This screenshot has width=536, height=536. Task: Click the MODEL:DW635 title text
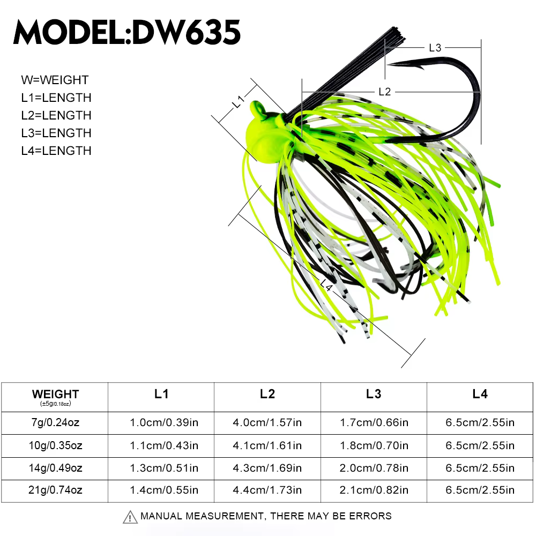coord(127,33)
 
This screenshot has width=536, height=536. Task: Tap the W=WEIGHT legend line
coord(55,80)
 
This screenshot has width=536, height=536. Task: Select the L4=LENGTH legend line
coord(56,151)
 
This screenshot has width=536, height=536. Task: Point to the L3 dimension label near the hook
coord(435,48)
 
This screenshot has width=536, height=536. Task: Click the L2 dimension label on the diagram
coord(384,92)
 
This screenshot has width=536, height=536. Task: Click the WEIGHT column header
coord(55,394)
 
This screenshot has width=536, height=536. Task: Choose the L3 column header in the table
coord(374,394)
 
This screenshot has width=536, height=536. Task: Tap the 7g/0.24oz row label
coord(55,422)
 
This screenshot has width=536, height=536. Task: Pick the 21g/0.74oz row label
coord(55,489)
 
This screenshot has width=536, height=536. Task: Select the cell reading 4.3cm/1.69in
coord(267,467)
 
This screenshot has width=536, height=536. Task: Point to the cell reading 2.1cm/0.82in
coord(374,489)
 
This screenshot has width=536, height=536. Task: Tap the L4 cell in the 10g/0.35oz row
coord(480,445)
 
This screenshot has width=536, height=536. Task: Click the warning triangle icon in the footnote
coord(130,517)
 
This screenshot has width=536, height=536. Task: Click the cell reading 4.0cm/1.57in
coord(267,422)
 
